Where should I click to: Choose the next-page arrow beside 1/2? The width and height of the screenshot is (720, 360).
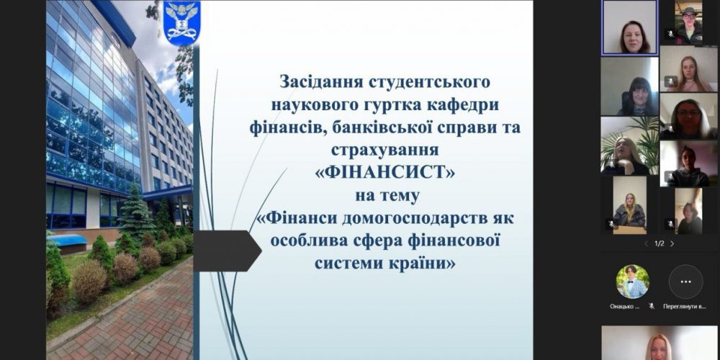672,243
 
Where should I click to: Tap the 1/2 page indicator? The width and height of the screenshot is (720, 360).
659,243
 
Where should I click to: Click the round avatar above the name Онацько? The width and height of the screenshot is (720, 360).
632,281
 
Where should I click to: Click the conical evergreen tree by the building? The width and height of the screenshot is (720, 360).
136,212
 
